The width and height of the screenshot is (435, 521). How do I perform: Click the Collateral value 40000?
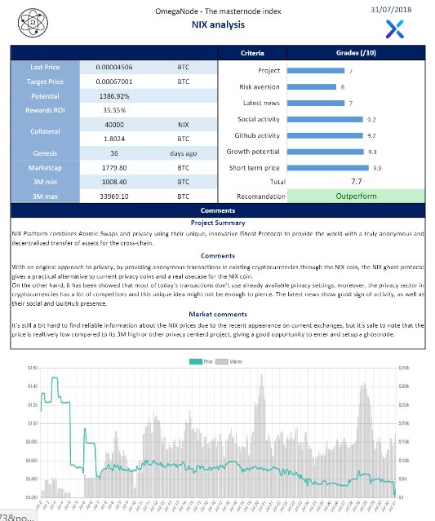tap(115, 125)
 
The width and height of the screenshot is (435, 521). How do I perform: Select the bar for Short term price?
tap(329, 168)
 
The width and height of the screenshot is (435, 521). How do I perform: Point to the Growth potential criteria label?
tap(253, 152)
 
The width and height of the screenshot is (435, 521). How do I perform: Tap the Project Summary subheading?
tap(217, 223)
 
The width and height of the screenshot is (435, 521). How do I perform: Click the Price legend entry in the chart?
tap(201, 360)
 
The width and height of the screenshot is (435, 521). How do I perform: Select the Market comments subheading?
tap(217, 314)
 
